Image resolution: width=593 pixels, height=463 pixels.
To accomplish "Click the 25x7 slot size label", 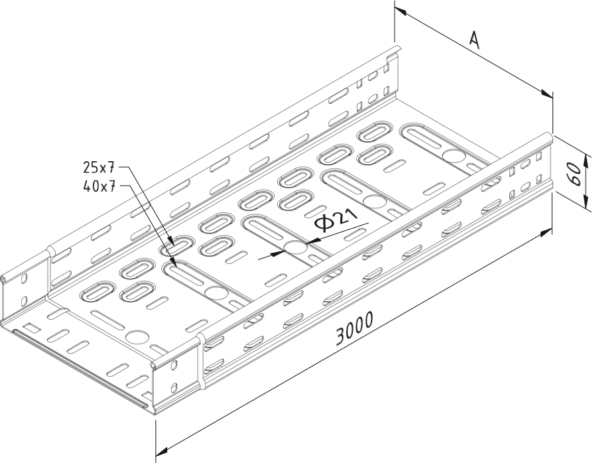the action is point(98,166).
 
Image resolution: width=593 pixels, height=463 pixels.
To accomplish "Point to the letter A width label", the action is point(474,40).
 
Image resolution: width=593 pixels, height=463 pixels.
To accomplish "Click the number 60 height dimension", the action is point(575,174).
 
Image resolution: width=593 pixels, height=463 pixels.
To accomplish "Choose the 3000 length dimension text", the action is point(354,329).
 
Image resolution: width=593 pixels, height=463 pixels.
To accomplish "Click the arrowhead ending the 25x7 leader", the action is point(171,242).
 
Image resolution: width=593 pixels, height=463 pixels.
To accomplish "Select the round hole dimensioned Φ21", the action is point(295,248).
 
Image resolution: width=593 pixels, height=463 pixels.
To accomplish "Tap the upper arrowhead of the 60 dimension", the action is point(586,160).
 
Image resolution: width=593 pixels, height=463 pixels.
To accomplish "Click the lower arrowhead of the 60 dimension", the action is point(586,202).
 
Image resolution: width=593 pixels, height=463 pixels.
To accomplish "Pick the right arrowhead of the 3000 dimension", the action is point(546,233).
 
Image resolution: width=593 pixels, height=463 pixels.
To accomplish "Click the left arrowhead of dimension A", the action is point(401,11).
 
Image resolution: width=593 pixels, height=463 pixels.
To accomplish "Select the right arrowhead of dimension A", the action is point(547,93).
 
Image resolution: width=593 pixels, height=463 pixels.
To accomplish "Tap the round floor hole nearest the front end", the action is point(136,337).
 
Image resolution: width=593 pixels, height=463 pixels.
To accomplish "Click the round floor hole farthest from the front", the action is point(454,155).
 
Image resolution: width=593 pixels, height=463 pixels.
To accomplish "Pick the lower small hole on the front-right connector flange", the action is point(174,388).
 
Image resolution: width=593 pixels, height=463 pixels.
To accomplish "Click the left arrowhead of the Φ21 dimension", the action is point(278,253).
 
